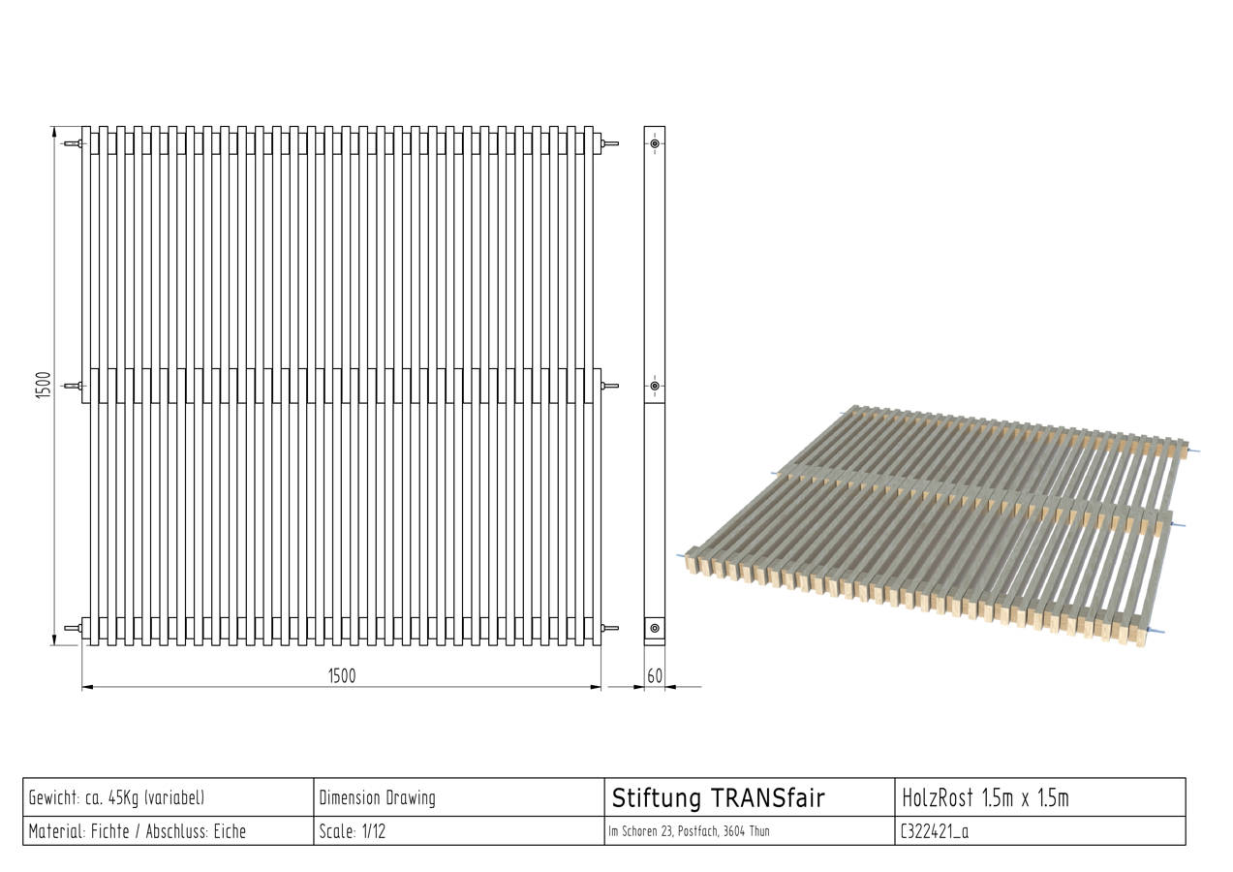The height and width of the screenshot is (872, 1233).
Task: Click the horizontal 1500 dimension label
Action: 342,676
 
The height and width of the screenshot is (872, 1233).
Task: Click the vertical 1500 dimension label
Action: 43,386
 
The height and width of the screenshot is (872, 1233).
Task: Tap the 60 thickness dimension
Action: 655,676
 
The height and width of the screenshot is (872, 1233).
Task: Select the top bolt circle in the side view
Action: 655,143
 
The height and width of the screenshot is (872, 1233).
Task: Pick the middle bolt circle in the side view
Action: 655,386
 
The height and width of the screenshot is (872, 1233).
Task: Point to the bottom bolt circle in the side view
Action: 655,628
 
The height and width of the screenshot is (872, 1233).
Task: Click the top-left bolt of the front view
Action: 74,144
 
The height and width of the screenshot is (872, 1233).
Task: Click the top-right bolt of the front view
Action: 610,143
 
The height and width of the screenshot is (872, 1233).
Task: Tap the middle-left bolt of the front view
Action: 74,386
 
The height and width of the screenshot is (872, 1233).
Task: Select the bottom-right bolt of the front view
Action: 610,628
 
